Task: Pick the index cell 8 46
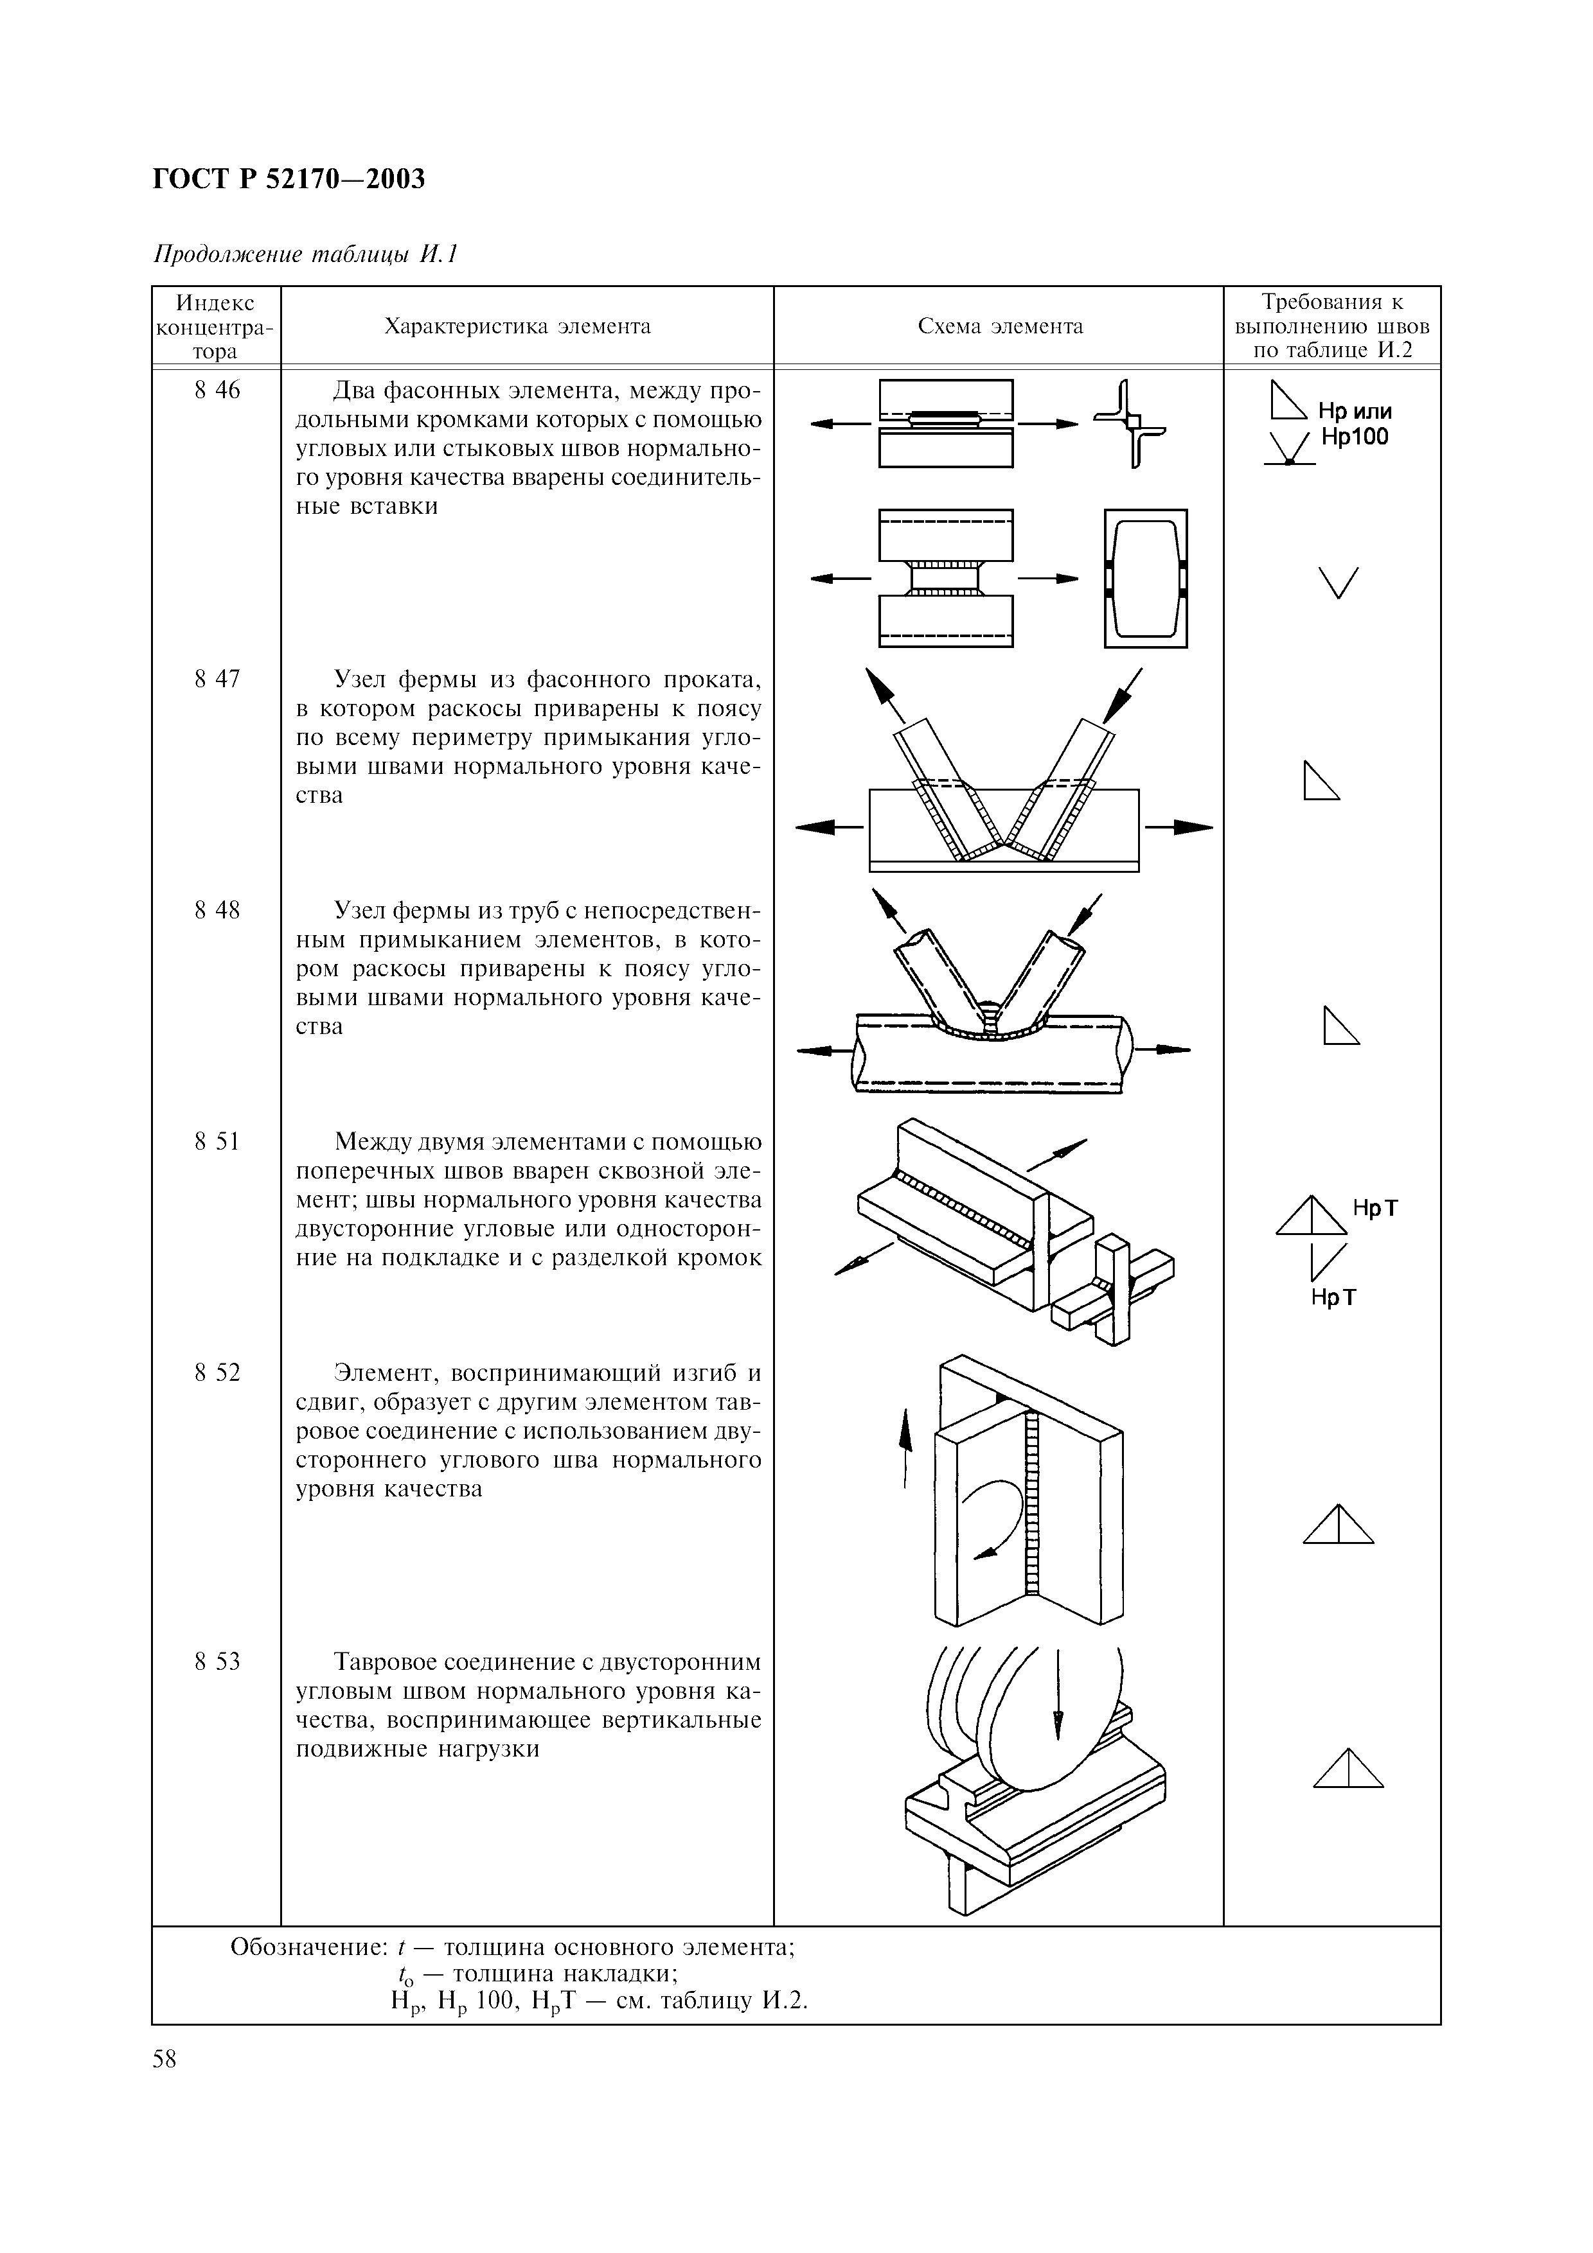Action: pos(217,390)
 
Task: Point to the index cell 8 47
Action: pos(217,679)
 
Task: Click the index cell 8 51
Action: pos(217,1141)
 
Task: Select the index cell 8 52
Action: pos(217,1372)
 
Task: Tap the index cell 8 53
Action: pos(217,1661)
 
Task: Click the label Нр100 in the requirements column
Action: pos(1355,437)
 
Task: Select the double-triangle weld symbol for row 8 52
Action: pos(1339,1525)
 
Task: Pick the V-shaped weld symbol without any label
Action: pos(1339,583)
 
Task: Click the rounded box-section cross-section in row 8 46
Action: pos(1145,578)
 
